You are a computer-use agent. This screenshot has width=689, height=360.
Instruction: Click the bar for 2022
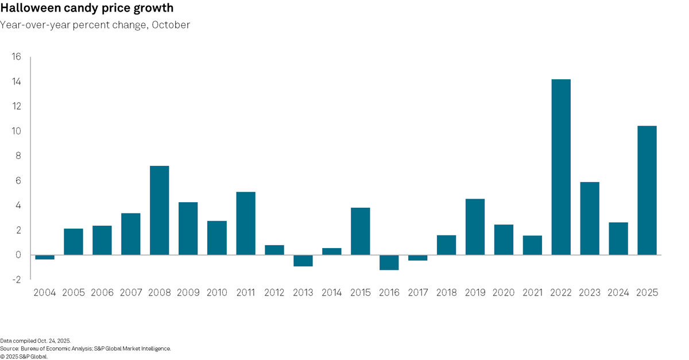pyautogui.click(x=561, y=167)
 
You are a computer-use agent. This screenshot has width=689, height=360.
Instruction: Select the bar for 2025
pyautogui.click(x=647, y=190)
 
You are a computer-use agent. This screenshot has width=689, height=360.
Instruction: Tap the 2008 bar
pyautogui.click(x=159, y=210)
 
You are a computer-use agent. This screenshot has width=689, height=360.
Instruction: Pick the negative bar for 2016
pyautogui.click(x=389, y=262)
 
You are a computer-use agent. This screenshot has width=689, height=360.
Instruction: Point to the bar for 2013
pyautogui.click(x=303, y=261)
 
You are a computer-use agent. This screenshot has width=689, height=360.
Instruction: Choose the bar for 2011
pyautogui.click(x=245, y=223)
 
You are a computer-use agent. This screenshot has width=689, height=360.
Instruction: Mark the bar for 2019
pyautogui.click(x=475, y=227)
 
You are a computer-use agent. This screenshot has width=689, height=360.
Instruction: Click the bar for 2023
pyautogui.click(x=590, y=218)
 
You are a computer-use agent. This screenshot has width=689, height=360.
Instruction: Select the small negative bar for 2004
pyautogui.click(x=45, y=257)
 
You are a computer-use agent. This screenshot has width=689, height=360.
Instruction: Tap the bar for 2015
pyautogui.click(x=360, y=231)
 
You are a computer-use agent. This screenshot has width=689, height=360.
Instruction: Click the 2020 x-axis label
pyautogui.click(x=504, y=293)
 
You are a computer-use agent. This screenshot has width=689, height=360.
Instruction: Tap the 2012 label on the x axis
pyautogui.click(x=274, y=293)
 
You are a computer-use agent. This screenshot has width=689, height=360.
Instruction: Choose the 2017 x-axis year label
pyautogui.click(x=417, y=293)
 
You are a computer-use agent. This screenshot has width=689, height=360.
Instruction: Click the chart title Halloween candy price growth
pyautogui.click(x=87, y=9)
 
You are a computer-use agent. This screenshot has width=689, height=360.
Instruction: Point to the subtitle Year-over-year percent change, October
pyautogui.click(x=95, y=25)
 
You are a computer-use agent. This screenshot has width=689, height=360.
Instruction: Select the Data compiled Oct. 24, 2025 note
pyautogui.click(x=35, y=340)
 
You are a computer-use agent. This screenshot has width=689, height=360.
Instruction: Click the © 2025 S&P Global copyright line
pyautogui.click(x=24, y=356)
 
